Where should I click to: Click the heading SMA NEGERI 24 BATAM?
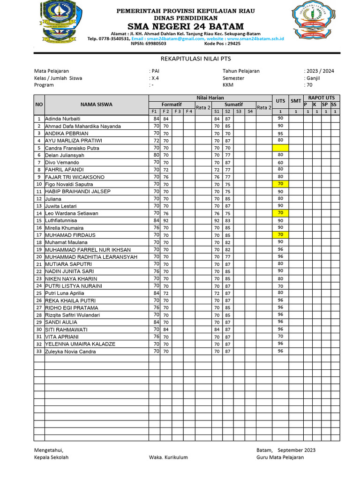186,26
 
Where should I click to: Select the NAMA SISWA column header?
96,105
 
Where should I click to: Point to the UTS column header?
280,101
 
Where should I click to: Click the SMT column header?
295,101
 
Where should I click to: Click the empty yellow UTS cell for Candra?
280,148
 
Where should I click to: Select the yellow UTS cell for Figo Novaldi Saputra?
280,184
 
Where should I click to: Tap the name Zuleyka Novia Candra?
70,352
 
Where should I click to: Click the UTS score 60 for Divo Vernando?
280,162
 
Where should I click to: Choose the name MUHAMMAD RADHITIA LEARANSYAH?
91,257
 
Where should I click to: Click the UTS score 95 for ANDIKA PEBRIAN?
280,134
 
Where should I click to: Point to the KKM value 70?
309,85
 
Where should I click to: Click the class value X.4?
155,78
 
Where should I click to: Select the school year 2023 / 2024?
320,71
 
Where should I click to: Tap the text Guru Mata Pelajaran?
280,457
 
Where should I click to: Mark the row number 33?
39,352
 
